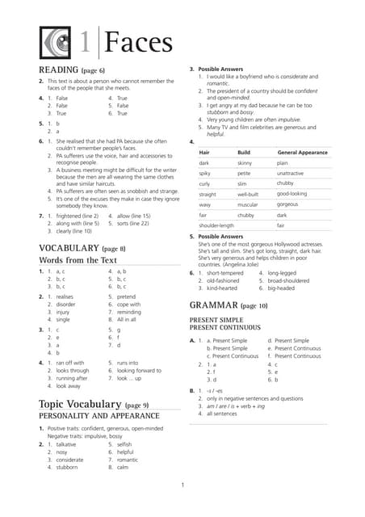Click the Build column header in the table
244,152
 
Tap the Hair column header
205,152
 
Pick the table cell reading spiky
205,173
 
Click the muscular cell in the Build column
248,204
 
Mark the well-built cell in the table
249,194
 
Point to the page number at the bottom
182,485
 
